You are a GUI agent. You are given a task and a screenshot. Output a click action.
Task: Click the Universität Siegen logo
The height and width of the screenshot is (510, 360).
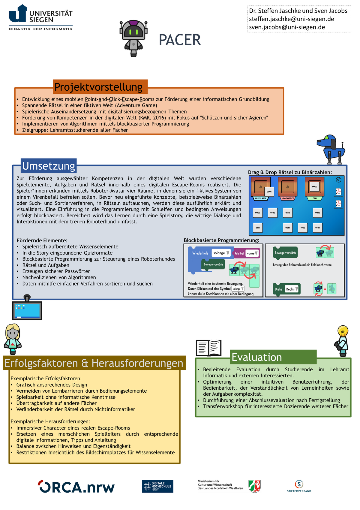tap(41, 17)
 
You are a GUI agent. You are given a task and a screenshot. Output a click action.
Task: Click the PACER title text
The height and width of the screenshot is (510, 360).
tap(180, 40)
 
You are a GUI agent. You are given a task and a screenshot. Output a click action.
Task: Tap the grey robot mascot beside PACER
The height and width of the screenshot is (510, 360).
tap(133, 38)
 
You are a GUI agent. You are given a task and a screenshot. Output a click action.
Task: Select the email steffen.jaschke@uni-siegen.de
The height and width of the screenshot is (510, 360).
tap(291, 19)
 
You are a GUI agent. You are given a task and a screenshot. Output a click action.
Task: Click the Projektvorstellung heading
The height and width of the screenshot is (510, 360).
tap(99, 87)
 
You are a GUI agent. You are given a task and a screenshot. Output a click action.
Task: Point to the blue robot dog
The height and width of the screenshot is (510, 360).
tap(331, 149)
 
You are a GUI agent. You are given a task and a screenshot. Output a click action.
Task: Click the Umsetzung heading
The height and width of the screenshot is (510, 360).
tap(49, 166)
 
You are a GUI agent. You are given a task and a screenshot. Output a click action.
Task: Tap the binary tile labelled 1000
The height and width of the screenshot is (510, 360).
tap(303, 228)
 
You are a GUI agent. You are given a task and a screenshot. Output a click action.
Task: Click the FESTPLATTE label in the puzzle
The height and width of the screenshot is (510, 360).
tap(261, 198)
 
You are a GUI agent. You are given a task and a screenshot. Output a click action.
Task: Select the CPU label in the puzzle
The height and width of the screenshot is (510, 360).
tap(314, 198)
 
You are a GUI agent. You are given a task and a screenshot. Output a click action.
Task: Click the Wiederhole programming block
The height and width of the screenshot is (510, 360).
tap(200, 253)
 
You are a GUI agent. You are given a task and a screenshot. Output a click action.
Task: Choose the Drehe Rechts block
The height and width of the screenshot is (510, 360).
tap(286, 289)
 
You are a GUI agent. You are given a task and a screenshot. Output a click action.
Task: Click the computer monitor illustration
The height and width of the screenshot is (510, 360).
tap(27, 309)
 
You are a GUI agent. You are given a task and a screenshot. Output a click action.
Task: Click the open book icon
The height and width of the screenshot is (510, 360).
tap(208, 348)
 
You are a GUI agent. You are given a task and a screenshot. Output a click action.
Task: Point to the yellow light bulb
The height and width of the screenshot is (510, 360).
tap(343, 331)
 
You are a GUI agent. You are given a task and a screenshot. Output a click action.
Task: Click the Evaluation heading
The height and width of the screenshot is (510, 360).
tap(257, 357)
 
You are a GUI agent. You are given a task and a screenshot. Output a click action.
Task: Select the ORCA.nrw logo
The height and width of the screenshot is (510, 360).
tap(76, 487)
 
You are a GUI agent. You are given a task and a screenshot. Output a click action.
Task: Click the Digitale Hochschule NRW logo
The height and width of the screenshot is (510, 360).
tap(157, 486)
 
